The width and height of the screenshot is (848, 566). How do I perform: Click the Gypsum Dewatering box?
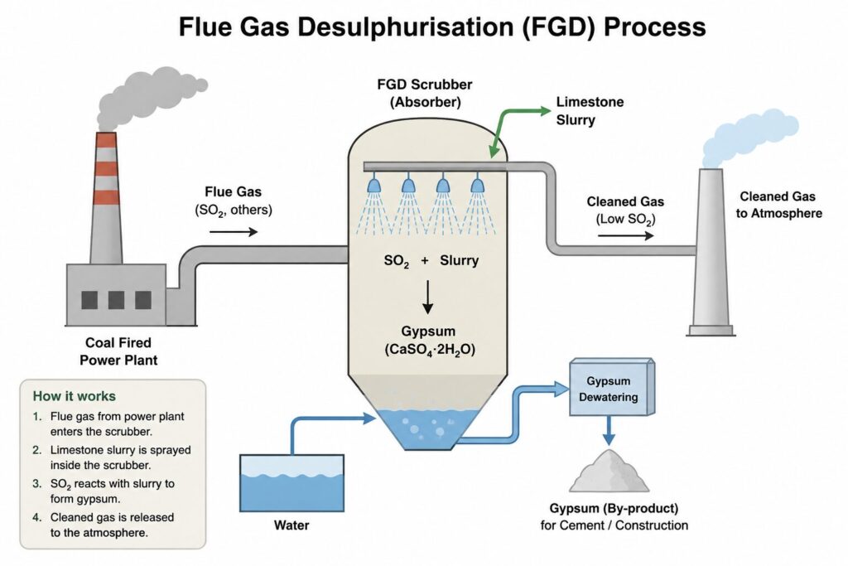click(x=612, y=387)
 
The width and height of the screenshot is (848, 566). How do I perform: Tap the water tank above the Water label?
click(x=291, y=483)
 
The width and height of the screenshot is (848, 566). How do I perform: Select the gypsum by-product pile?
click(x=609, y=471)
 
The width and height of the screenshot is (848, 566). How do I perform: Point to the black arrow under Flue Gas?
click(x=234, y=232)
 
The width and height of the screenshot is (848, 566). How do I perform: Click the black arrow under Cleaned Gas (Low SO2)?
click(x=626, y=235)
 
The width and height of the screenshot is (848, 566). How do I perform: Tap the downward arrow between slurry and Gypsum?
click(x=428, y=297)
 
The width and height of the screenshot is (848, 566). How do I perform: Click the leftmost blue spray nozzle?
click(x=373, y=184)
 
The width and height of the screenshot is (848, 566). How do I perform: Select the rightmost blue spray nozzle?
click(x=477, y=184)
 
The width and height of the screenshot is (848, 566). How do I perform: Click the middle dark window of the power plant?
click(x=116, y=300)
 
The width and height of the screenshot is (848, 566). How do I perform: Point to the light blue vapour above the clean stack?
click(x=749, y=139)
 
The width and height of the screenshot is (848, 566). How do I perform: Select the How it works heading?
click(x=74, y=396)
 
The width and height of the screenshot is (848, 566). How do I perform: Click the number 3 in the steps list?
click(x=36, y=484)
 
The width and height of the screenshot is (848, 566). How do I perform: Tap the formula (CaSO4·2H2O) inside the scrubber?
click(x=430, y=350)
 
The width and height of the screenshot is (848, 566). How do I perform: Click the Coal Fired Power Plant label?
click(x=118, y=351)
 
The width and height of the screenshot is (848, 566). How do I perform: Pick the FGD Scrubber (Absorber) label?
click(x=425, y=93)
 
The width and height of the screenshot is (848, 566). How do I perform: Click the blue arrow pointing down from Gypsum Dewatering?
click(x=609, y=431)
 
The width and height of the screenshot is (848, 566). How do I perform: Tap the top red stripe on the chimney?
click(x=106, y=139)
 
